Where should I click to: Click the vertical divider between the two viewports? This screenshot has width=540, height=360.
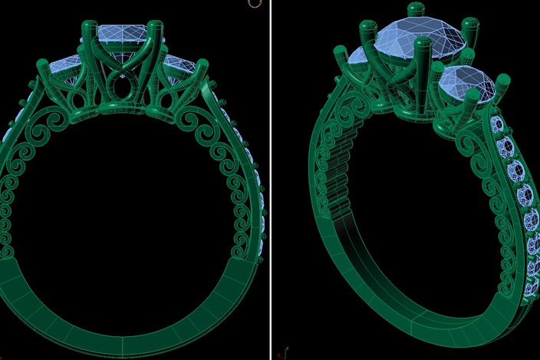pos(270,180)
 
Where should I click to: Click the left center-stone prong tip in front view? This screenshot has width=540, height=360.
pos(87,28)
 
